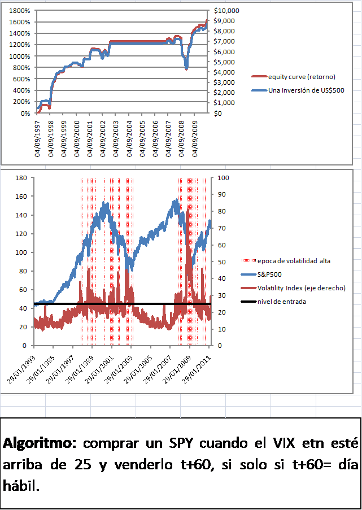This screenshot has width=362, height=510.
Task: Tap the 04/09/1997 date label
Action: pos(38,136)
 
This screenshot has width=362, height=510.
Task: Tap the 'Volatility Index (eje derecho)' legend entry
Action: pos(301,289)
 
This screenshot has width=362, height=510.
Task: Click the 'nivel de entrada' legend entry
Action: pos(282,302)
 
